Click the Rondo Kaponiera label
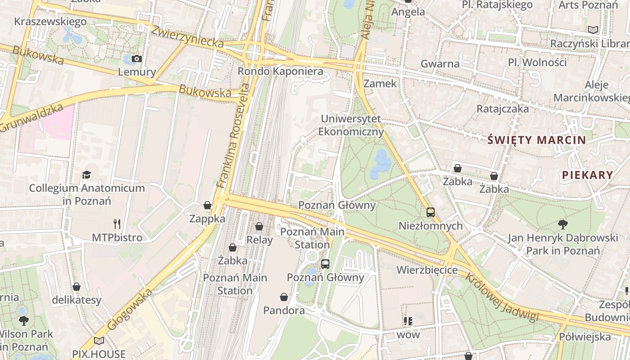pyautogui.click(x=280, y=72)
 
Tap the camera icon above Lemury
pyautogui.click(x=137, y=59)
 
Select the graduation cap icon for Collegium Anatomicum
pyautogui.click(x=86, y=175)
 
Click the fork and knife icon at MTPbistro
pyautogui.click(x=117, y=224)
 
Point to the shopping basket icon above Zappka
pyautogui.click(x=207, y=206)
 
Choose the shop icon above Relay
pyautogui.click(x=259, y=226)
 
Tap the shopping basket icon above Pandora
pyautogui.click(x=284, y=297)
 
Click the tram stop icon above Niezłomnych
pyautogui.click(x=431, y=212)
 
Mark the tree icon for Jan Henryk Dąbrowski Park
pyautogui.click(x=562, y=224)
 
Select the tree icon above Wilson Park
pyautogui.click(x=23, y=321)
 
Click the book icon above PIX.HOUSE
pyautogui.click(x=99, y=341)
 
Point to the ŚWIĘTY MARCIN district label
pyautogui.click(x=537, y=140)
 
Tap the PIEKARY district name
pyautogui.click(x=588, y=175)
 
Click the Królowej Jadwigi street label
pyautogui.click(x=502, y=297)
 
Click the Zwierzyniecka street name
pyautogui.click(x=187, y=36)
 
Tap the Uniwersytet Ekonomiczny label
pyautogui.click(x=351, y=125)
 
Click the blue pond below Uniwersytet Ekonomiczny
pyautogui.click(x=380, y=164)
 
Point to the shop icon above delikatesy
pyautogui.click(x=76, y=287)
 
